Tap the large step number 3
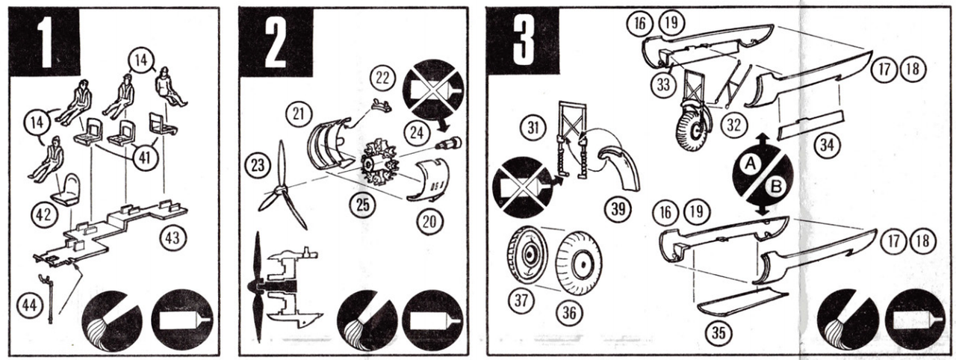click(x=524, y=41)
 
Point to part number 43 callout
click(x=173, y=238)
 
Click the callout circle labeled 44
click(x=29, y=305)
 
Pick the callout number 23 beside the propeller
click(x=258, y=165)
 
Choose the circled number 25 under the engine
click(x=362, y=205)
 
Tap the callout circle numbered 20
click(x=429, y=221)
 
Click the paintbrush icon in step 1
click(x=112, y=320)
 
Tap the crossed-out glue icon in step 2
click(x=433, y=90)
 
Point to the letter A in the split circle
click(x=749, y=164)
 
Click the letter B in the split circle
click(x=776, y=187)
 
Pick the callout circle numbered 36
click(x=569, y=313)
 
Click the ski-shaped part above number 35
click(x=742, y=302)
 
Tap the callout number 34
click(x=827, y=145)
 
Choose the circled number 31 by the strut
click(x=533, y=128)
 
